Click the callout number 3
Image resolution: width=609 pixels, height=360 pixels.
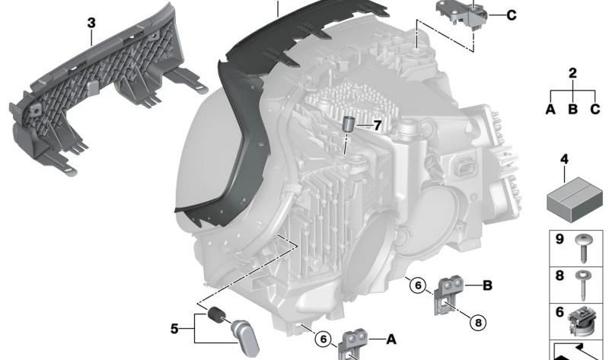point(91,23)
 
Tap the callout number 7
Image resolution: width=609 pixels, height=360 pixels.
point(377,126)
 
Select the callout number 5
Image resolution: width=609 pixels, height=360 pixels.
point(175,329)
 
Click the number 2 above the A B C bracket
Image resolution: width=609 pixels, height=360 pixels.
point(572,73)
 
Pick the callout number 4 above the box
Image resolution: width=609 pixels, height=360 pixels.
point(564,159)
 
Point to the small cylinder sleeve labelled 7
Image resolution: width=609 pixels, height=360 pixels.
point(348,125)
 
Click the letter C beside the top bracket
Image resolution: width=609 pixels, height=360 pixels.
point(512,15)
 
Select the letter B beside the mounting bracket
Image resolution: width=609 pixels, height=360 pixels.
point(487,285)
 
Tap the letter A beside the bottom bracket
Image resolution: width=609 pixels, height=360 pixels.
point(391,339)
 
